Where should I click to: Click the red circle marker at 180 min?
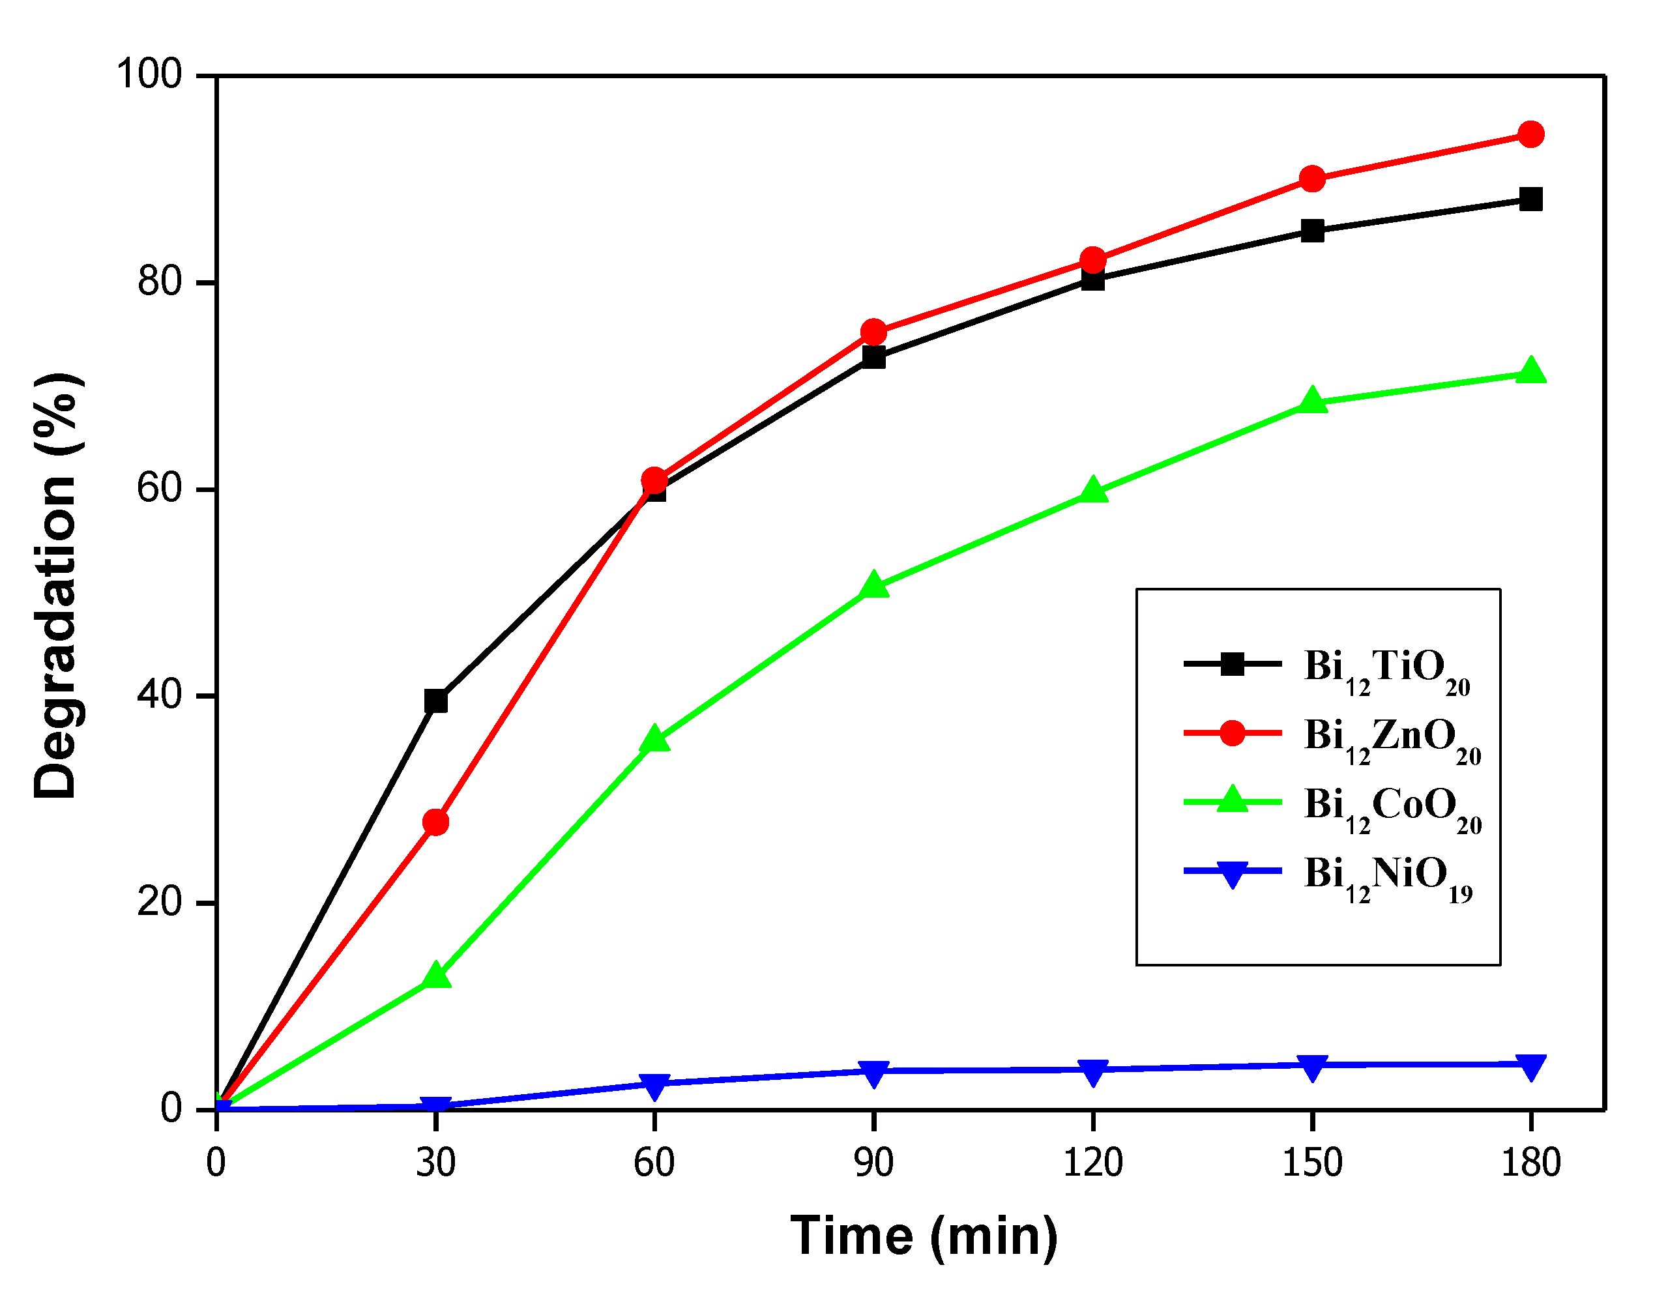[1530, 135]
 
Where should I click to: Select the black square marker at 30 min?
[436, 701]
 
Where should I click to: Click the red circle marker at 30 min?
[436, 822]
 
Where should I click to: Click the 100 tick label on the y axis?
[149, 75]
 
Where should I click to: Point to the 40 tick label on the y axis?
[159, 695]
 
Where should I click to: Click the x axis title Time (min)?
[924, 1236]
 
